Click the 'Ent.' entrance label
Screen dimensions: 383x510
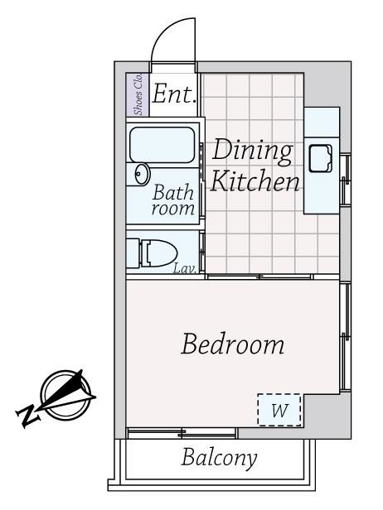click(174, 94)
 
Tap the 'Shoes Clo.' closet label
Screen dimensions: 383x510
click(138, 94)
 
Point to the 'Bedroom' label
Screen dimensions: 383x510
click(232, 344)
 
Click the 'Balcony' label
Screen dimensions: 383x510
click(219, 458)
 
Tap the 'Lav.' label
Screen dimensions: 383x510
click(185, 268)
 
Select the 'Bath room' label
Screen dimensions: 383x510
click(173, 200)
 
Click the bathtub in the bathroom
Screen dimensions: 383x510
click(162, 144)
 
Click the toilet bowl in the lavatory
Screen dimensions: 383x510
click(159, 253)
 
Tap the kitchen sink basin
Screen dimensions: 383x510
click(321, 158)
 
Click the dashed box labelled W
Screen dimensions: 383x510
click(279, 410)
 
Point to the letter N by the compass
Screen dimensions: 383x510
click(28, 416)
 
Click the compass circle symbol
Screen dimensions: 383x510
click(66, 395)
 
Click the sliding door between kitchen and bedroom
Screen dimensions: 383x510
click(259, 277)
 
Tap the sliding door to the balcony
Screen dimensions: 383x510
click(182, 433)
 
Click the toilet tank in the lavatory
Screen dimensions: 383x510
click(133, 253)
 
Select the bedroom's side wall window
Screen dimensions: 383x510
click(345, 337)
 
